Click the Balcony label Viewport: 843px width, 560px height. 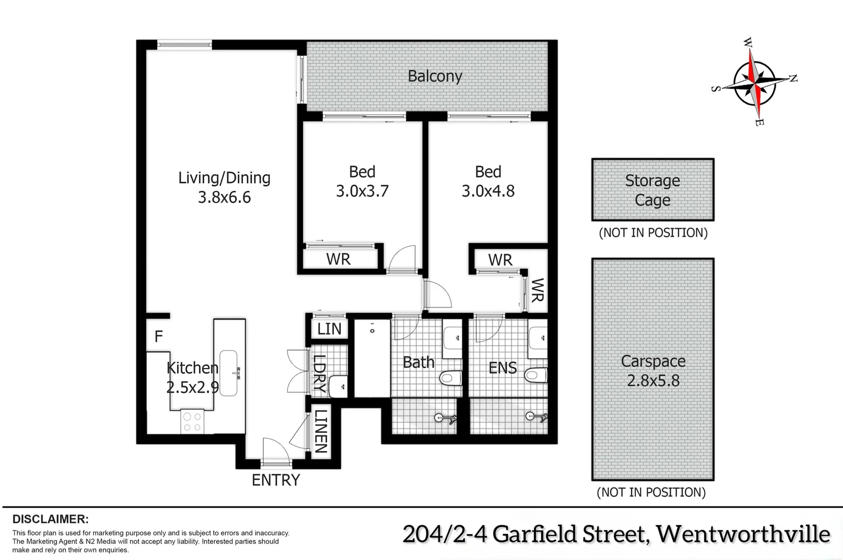click(435, 76)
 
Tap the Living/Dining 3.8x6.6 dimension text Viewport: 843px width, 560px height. click(224, 198)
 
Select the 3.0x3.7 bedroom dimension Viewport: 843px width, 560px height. click(362, 191)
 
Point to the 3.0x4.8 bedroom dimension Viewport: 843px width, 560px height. click(488, 191)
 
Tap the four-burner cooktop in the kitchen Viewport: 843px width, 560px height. click(192, 421)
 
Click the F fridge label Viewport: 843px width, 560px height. click(159, 337)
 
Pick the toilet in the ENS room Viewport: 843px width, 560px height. click(535, 374)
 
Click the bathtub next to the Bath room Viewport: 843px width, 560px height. click(372, 358)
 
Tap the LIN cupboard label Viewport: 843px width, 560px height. click(329, 329)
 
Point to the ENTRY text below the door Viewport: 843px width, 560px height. click(276, 480)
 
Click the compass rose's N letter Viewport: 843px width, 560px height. click(793, 78)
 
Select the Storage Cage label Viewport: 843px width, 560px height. click(652, 190)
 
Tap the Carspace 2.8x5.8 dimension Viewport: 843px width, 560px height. click(653, 381)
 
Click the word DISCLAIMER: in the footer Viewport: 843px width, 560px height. click(51, 519)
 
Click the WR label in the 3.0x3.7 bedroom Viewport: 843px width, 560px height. click(338, 259)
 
